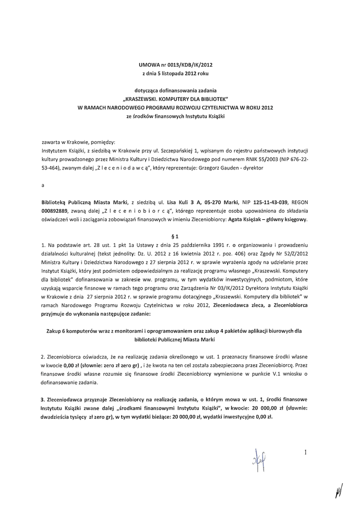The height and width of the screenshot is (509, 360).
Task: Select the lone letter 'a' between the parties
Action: [x=44, y=185]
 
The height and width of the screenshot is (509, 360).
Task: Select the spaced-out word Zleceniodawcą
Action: [x=113, y=169]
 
